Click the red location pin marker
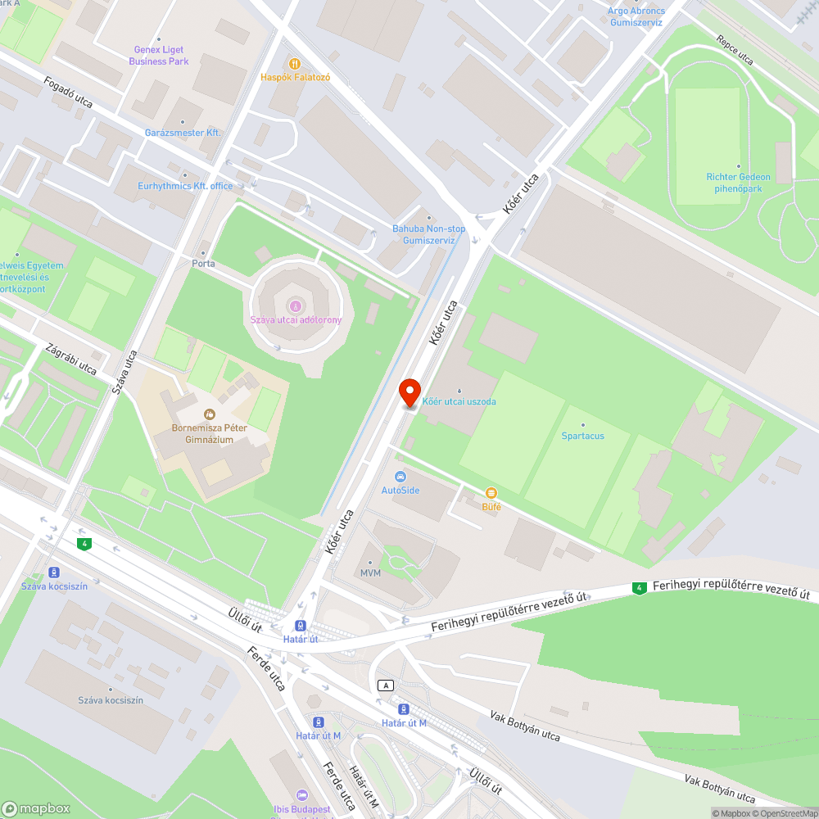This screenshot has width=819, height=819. pos(409,392)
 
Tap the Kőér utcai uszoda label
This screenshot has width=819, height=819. pos(459,401)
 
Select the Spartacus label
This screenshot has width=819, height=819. pos(583,436)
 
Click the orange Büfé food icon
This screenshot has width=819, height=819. pos(491,492)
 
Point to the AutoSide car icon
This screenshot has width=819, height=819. pos(400,477)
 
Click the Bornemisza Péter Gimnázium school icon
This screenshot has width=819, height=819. pos(209,414)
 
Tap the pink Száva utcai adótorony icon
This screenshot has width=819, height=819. pos(296,305)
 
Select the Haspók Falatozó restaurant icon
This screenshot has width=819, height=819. pos(295,63)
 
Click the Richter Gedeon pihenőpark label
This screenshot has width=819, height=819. pos(739,182)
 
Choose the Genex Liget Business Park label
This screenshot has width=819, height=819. pos(159,56)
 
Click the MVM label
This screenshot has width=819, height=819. pos(370,572)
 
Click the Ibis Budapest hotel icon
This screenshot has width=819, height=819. pos(301,795)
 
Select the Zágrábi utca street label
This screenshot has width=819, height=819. pos(71,359)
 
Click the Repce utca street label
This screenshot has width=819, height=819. pos(734,49)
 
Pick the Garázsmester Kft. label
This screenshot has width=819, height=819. pos(183,132)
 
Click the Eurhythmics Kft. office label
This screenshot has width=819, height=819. pos(185,186)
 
